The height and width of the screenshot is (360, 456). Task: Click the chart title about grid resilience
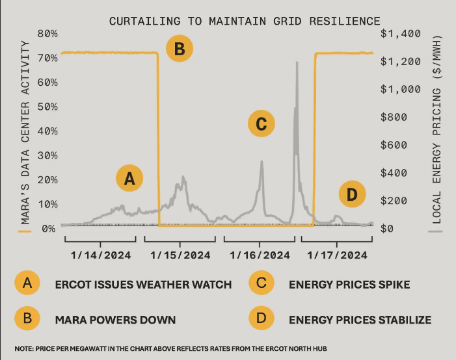tap(245, 21)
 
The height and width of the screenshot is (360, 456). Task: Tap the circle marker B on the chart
tap(180, 48)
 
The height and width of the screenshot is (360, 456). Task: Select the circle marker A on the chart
tap(129, 178)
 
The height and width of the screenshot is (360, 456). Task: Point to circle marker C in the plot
tap(262, 123)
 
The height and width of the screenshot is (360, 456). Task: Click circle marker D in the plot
tap(352, 194)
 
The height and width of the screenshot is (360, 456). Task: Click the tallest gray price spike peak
tap(297, 63)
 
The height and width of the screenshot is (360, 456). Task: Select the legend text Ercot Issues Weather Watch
tap(143, 284)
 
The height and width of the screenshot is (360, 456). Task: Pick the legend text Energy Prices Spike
tap(349, 284)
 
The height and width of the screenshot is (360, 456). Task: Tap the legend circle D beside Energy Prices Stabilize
tap(261, 319)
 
